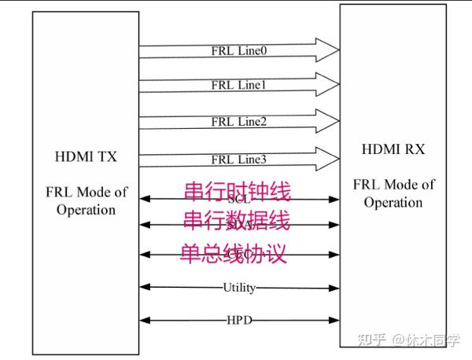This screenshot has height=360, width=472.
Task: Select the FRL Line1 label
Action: coord(239,85)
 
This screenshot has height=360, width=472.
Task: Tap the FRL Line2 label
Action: coord(239,122)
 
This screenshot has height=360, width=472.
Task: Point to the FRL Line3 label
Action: coord(239,160)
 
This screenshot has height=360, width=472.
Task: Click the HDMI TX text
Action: coord(87,156)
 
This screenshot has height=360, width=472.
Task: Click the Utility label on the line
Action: coord(239,288)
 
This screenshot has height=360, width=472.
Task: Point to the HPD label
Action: coord(239,321)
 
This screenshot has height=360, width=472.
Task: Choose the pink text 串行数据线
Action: coord(236,222)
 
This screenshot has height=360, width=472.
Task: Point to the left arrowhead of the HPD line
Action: coord(145,321)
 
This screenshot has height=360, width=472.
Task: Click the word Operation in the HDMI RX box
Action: coord(393,202)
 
